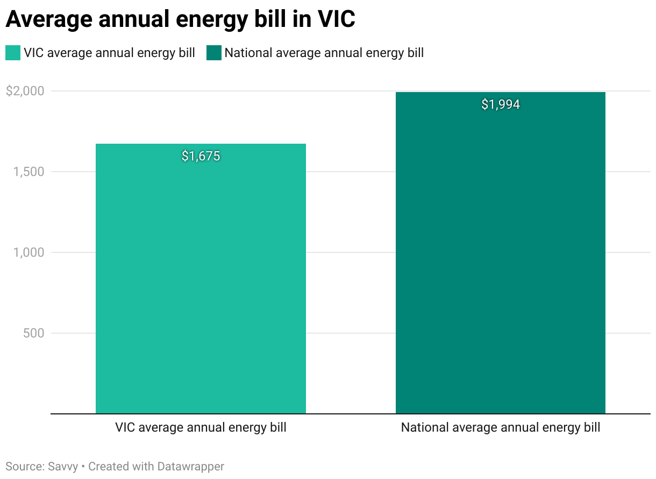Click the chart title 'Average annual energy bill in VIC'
(180, 19)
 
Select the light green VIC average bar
(201, 280)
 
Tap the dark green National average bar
(500, 258)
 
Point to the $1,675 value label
(201, 156)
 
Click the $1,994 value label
(500, 104)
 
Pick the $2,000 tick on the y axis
(25, 91)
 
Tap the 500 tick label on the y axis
(33, 333)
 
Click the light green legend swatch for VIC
(13, 53)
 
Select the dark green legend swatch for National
(214, 53)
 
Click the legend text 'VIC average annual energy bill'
(109, 53)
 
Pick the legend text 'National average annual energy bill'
(324, 53)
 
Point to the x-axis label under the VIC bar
(201, 428)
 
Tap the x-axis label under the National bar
(500, 428)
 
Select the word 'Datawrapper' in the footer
(190, 466)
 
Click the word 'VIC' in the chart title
(334, 19)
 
